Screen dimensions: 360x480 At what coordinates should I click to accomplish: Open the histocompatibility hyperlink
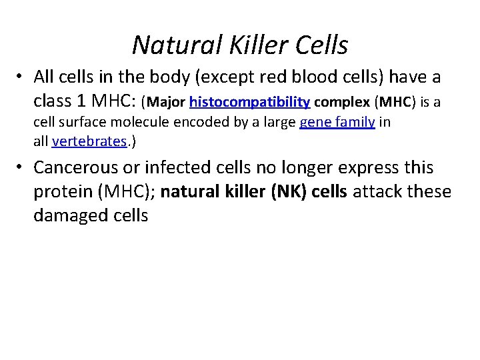click(249, 102)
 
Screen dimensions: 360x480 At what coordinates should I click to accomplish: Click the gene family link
click(337, 122)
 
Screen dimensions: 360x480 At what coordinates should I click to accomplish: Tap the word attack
click(377, 191)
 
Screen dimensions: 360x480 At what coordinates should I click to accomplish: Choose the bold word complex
click(342, 102)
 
